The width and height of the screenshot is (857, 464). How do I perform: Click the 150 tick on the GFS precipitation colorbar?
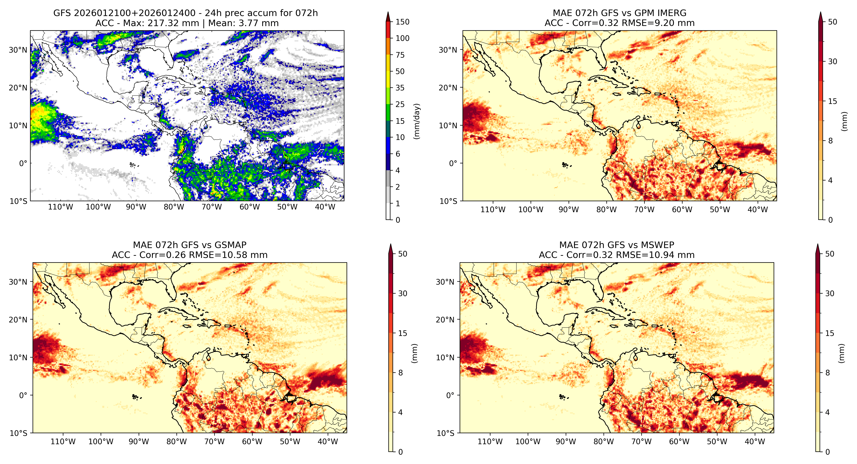[x=402, y=22]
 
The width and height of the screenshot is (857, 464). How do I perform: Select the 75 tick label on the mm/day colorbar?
[x=400, y=55]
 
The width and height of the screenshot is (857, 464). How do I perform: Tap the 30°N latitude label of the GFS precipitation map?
[x=18, y=50]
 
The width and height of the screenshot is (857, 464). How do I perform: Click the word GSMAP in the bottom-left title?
[x=231, y=245]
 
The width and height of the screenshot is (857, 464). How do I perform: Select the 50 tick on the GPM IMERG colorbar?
[x=832, y=22]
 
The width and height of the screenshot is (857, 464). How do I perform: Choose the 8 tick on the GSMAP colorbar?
[x=401, y=373]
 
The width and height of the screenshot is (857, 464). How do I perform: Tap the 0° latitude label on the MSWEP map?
[x=450, y=395]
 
